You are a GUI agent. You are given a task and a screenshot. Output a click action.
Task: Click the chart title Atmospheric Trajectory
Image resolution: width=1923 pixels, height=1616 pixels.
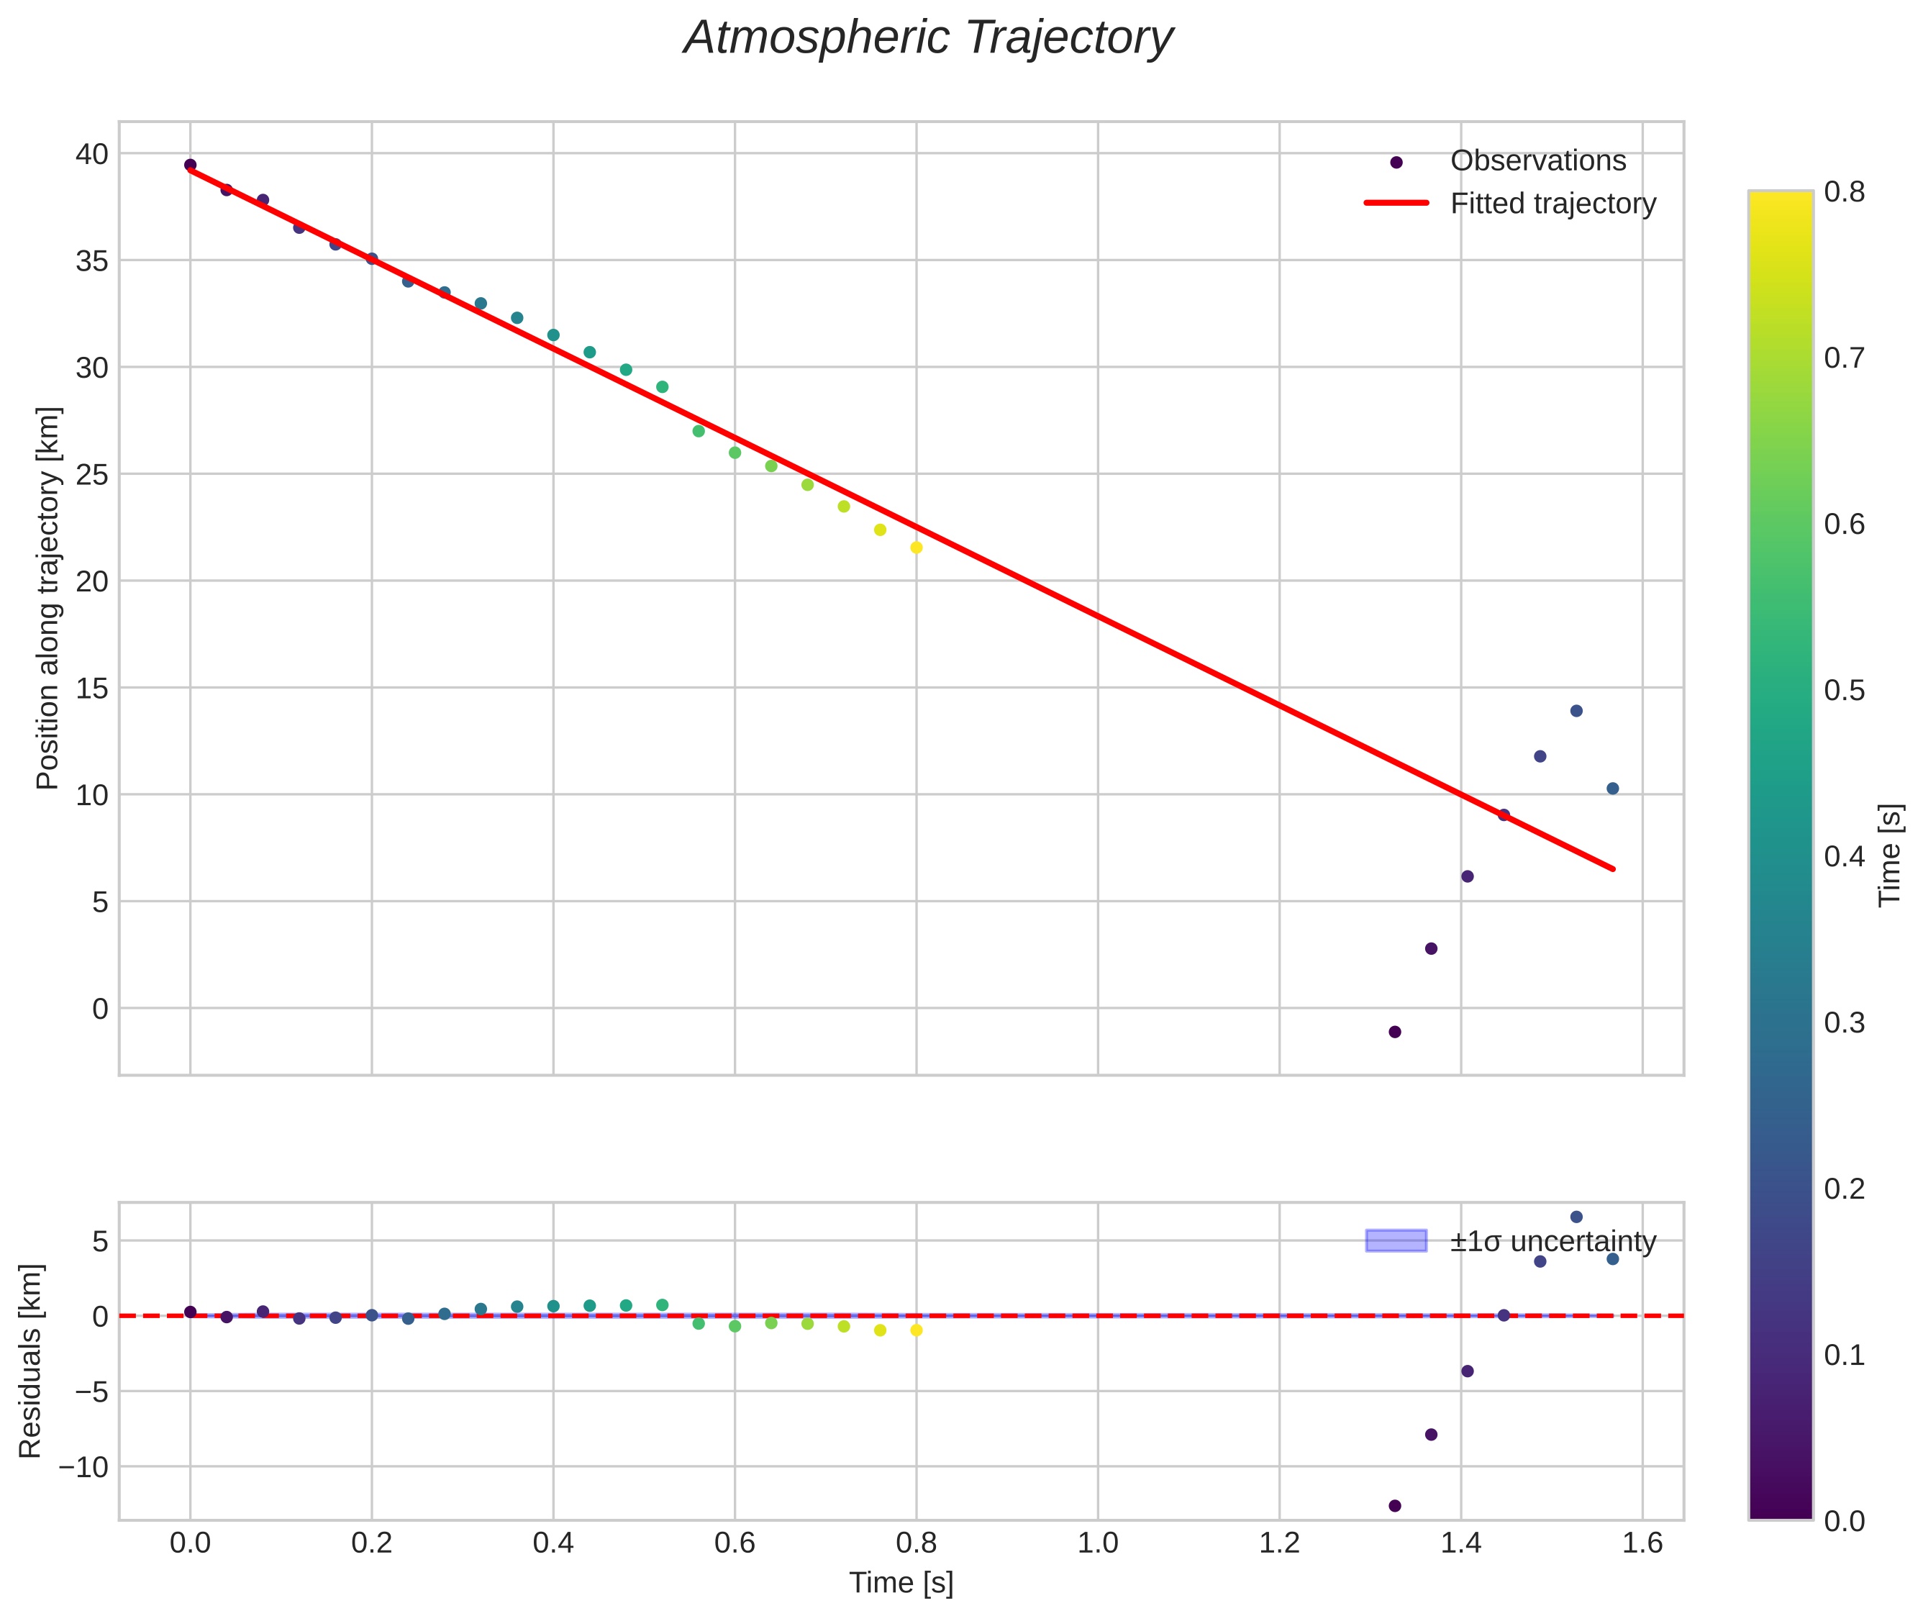(x=928, y=38)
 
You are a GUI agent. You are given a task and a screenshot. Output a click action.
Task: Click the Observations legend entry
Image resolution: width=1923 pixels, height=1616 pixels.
(x=1537, y=160)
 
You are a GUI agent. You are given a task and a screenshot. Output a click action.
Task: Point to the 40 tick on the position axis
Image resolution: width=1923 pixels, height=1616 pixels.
(x=91, y=154)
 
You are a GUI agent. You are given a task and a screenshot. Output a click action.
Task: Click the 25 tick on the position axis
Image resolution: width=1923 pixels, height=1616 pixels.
(x=91, y=475)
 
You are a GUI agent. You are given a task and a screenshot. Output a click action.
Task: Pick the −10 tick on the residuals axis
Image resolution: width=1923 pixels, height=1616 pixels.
(x=83, y=1466)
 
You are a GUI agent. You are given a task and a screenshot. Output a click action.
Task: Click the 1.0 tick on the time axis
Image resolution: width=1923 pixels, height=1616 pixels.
(x=1098, y=1543)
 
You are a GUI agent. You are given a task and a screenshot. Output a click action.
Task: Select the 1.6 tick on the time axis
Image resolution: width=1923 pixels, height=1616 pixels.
(x=1642, y=1543)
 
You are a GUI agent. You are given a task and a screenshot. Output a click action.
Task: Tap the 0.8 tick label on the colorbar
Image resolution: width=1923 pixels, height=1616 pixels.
(x=1843, y=191)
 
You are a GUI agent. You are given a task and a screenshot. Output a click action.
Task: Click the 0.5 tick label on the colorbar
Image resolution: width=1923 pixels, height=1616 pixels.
(x=1843, y=690)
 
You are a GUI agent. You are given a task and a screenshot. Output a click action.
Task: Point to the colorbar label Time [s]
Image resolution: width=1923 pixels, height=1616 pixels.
(x=1890, y=855)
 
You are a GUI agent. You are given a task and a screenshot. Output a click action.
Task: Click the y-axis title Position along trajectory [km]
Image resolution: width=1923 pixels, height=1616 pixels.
(x=47, y=597)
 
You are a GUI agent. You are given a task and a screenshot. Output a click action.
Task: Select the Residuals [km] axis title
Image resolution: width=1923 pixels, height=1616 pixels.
(x=30, y=1361)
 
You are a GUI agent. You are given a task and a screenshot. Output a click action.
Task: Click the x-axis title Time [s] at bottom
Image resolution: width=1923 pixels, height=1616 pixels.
(x=901, y=1583)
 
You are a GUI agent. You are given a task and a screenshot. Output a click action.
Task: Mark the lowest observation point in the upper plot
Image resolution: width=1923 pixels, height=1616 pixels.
(x=1394, y=1032)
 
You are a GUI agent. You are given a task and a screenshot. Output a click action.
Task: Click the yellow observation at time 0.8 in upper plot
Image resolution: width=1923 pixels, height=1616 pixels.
(x=916, y=548)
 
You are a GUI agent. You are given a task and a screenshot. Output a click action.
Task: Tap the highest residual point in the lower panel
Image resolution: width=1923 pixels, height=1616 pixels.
(x=1576, y=1217)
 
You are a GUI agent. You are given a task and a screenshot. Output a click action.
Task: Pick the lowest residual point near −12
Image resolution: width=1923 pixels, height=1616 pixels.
(x=1394, y=1505)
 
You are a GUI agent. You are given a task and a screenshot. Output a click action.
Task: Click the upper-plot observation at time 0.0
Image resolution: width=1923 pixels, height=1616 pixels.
(x=191, y=165)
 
